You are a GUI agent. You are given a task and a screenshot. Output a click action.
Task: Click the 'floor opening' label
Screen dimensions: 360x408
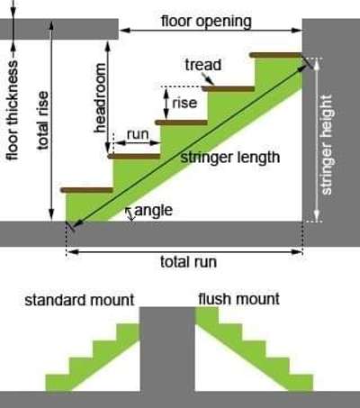(x=206, y=22)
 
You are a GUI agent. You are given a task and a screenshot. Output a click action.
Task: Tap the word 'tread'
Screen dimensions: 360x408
(x=203, y=65)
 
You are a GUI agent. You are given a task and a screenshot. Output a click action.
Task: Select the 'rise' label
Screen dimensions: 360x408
(x=184, y=103)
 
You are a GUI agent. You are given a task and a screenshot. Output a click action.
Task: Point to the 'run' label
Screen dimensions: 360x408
(x=138, y=134)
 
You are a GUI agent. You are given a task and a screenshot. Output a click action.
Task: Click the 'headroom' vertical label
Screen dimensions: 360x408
(x=100, y=98)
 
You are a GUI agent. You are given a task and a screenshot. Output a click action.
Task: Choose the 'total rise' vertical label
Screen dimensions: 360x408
(x=42, y=121)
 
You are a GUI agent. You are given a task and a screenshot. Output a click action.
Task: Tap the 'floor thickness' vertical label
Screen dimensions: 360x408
(x=13, y=111)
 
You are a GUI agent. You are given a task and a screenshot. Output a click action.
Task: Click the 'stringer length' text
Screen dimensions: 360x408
(x=230, y=158)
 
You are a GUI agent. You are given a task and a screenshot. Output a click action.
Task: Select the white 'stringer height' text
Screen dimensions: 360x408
(x=326, y=145)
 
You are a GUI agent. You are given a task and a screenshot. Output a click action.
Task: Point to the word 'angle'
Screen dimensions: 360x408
(x=154, y=211)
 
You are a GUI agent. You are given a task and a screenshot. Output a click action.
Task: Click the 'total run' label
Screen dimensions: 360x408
(x=188, y=262)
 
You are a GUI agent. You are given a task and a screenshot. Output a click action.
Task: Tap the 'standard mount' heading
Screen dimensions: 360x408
(x=79, y=300)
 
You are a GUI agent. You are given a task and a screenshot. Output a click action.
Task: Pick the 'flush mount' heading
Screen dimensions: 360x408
(x=238, y=299)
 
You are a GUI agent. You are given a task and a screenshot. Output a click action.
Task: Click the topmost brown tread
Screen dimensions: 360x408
(x=276, y=55)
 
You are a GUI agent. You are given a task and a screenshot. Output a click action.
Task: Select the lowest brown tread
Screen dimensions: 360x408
(x=87, y=190)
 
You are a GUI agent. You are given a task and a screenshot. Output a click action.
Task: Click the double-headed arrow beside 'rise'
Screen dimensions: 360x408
(x=166, y=104)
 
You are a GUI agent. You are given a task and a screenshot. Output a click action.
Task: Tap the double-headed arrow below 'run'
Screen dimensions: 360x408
(x=138, y=143)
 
